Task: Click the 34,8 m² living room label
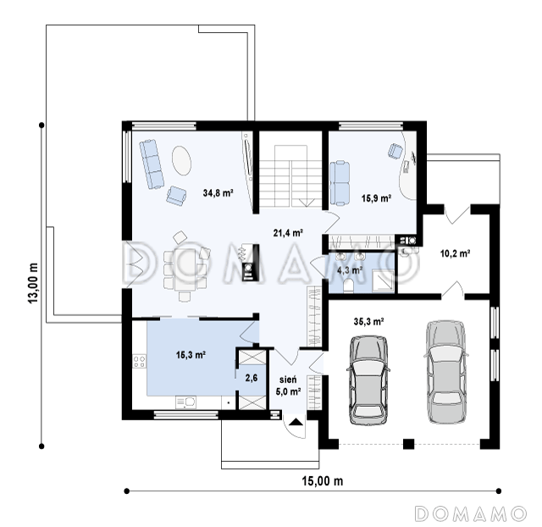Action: [x=218, y=192]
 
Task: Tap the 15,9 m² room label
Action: [x=376, y=198]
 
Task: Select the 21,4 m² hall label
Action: [x=288, y=233]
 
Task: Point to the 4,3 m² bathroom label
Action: [x=349, y=269]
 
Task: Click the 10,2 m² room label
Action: [x=455, y=253]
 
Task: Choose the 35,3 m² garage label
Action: [x=368, y=322]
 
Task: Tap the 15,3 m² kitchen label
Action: [x=191, y=355]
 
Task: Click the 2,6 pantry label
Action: [x=252, y=378]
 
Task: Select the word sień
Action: [x=288, y=380]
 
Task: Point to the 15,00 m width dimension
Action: [x=323, y=480]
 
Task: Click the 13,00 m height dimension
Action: [x=33, y=284]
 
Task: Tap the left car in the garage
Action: [x=368, y=380]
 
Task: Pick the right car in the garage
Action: [x=445, y=372]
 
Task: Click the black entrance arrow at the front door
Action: [x=296, y=422]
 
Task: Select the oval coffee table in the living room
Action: [x=181, y=161]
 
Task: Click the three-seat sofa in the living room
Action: [x=152, y=164]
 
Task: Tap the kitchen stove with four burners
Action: [x=139, y=362]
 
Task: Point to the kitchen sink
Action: [x=186, y=402]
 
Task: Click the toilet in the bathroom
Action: [x=348, y=286]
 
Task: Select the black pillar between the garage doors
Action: [x=408, y=444]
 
